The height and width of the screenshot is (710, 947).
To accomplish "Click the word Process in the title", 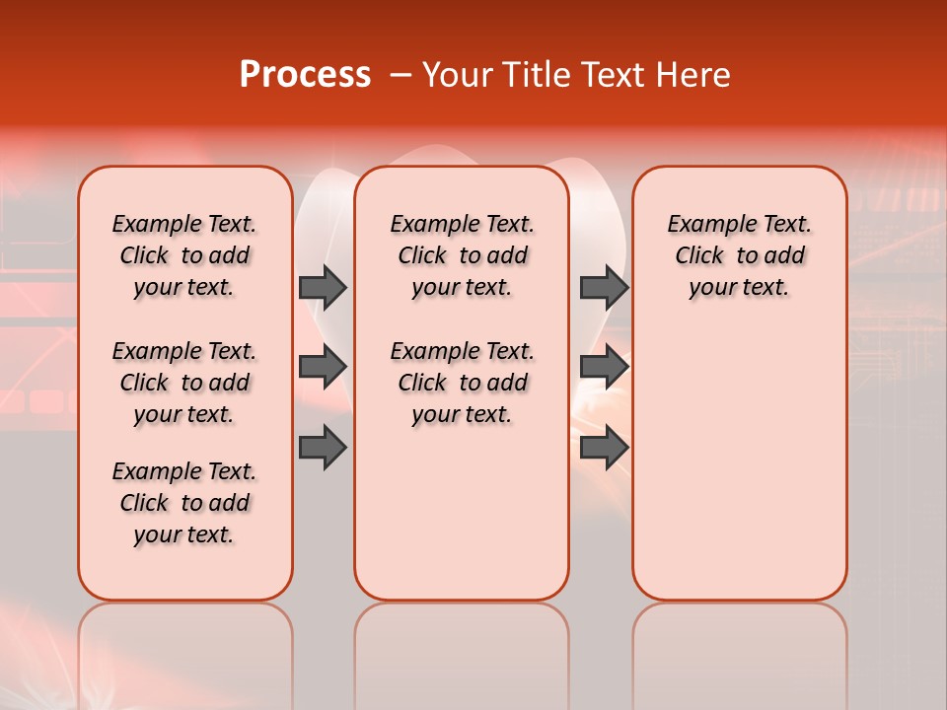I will pos(305,75).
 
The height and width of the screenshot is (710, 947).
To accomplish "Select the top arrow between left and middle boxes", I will pos(323,287).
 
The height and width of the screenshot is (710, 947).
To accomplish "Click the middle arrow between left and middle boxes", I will pos(323,367).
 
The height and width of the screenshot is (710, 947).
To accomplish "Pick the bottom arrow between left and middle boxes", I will pos(323,448).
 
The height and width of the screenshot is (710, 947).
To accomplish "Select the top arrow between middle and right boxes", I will pos(604,287).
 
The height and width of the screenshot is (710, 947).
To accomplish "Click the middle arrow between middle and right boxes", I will pos(604,367).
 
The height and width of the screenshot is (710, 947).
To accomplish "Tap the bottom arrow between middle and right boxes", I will pos(604,448).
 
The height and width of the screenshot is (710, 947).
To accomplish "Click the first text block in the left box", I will pos(184,255).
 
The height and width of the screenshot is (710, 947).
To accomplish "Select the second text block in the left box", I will pos(184,383).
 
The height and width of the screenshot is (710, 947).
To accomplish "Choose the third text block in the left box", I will pos(184,503).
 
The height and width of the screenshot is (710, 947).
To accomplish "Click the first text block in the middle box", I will pos(462,255).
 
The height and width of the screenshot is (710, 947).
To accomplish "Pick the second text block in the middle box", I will pos(462,383).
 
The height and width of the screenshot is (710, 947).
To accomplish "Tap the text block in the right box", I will pos(740,255).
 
